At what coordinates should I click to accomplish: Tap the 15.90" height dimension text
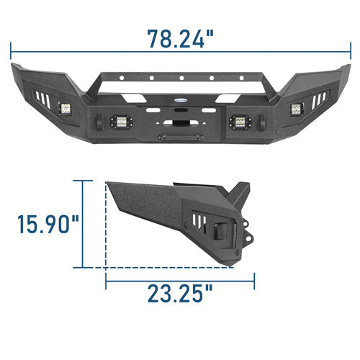point(48,222)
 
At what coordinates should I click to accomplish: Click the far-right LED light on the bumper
point(295,110)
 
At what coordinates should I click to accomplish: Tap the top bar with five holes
point(180,77)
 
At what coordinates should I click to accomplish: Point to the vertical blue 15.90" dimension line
point(84,223)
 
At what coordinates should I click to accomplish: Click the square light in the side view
point(216,231)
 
